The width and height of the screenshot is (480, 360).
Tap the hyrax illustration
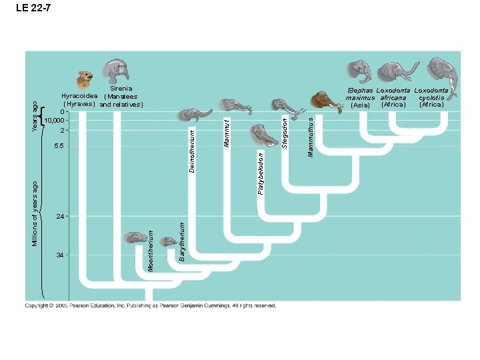click(x=84, y=80)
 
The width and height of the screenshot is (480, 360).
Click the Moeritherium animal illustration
click(x=135, y=237)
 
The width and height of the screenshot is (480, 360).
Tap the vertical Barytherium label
click(x=182, y=243)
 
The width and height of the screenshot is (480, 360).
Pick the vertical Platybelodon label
click(x=260, y=173)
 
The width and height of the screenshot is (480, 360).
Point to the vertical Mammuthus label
click(x=309, y=137)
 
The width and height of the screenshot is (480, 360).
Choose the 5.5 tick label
click(x=59, y=145)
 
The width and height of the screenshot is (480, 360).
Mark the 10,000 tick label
click(x=53, y=120)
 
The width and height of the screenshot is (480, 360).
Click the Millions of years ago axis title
click(x=36, y=212)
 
